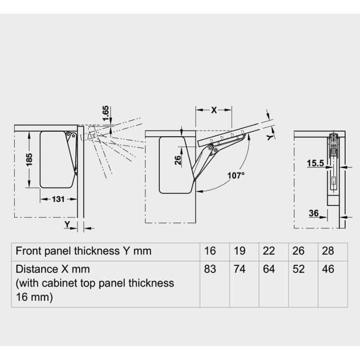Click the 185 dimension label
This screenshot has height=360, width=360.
tap(29, 160)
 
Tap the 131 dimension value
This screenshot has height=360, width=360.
tap(58, 199)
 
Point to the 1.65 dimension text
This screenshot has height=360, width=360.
tap(105, 113)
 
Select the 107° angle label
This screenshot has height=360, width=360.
tap(236, 175)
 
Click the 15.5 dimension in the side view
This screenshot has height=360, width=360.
tap(315, 163)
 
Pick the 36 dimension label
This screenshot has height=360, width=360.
tap(314, 213)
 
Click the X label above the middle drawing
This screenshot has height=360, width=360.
tap(214, 110)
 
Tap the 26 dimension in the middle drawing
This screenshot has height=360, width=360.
tap(178, 160)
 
